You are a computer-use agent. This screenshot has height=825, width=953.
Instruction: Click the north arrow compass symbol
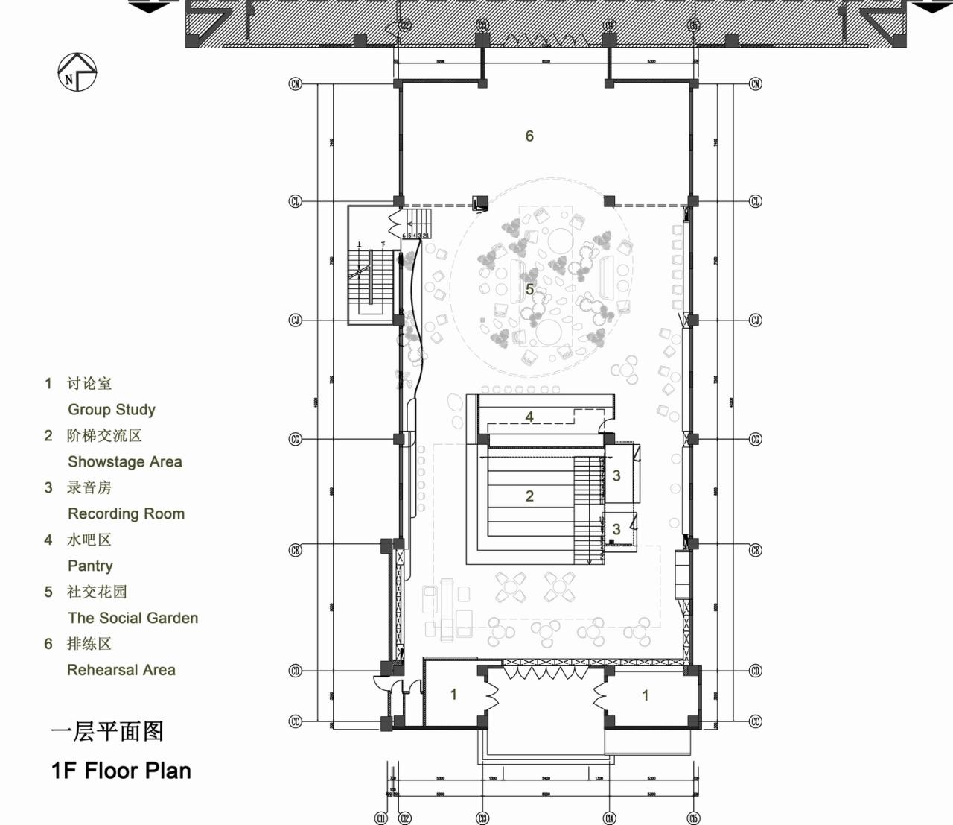77,73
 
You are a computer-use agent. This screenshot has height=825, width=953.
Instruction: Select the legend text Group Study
112,409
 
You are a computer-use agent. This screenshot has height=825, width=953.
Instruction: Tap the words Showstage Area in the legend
124,461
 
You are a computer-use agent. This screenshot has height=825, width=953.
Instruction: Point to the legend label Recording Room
126,513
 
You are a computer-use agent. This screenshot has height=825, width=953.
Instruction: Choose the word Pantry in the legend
90,566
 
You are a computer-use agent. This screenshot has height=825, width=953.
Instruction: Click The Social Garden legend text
133,618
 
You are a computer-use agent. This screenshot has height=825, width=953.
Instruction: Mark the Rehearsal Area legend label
121,670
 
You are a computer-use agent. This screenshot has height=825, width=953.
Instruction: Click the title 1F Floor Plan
121,770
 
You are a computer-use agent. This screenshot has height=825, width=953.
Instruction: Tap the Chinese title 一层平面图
107,731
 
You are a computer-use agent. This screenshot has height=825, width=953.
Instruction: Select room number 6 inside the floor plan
529,136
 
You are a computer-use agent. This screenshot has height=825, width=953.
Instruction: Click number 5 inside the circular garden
529,289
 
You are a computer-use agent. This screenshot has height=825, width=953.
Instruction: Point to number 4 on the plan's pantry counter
529,417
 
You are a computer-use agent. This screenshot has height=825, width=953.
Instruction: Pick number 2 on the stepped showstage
529,496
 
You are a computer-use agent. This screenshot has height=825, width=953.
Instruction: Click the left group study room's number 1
453,695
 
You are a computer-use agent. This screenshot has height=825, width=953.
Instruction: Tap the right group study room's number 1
646,695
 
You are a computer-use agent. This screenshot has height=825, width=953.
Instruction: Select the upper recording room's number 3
616,475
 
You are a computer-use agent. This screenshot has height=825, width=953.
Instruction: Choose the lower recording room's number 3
616,529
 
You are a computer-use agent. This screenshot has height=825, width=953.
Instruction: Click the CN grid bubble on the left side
296,84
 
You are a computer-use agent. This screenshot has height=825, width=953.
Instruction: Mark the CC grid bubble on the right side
756,721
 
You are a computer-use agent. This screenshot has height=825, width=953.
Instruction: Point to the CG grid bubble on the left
296,440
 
